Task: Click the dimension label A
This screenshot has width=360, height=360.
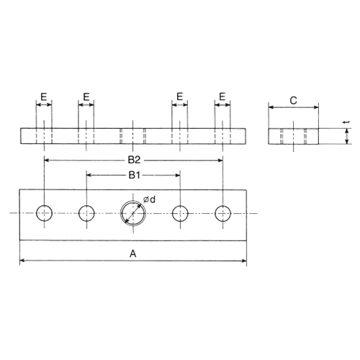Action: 132,253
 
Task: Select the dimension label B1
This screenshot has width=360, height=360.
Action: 134,175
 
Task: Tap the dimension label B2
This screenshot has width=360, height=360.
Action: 134,158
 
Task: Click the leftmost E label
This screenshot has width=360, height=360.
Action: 44,96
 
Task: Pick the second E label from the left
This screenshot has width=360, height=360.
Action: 86,96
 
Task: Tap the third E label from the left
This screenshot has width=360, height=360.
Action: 180,96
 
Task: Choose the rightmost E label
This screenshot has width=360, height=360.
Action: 223,96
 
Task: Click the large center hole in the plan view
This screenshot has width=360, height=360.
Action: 133,212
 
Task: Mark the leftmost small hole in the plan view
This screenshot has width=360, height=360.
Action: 45,212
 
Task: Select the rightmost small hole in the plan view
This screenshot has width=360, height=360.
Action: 223,212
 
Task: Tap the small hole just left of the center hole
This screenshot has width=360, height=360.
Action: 87,212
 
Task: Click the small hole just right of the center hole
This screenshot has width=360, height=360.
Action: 180,212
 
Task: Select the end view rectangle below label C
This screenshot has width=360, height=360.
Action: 294,136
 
